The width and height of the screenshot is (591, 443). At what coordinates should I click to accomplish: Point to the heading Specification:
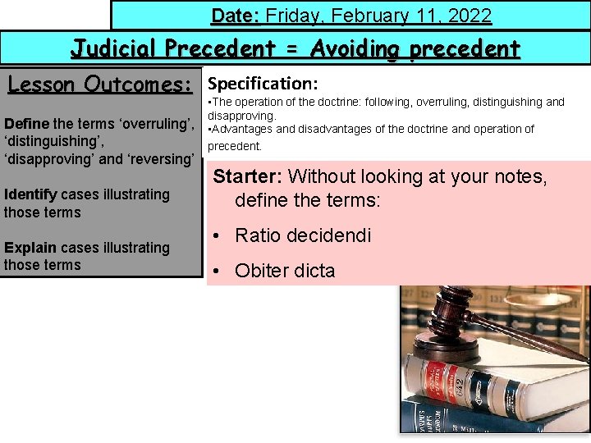coord(263,84)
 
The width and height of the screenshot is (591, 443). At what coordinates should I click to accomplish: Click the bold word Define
coord(26,124)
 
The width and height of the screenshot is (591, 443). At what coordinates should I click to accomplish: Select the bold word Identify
coord(30,194)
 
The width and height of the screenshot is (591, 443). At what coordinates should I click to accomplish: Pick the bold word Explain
coord(29,247)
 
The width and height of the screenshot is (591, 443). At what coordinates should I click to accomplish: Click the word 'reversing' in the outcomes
coord(165,158)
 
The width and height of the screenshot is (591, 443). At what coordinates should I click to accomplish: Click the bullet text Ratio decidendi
coord(303,235)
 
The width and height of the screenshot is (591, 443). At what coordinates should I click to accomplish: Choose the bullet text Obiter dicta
coord(285,271)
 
